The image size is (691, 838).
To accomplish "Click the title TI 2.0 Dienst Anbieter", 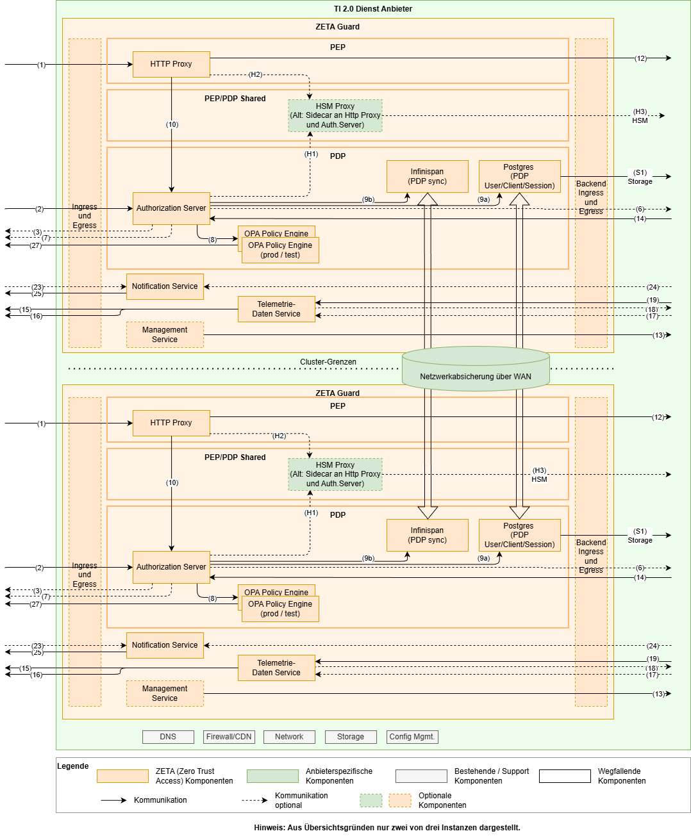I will [372, 9].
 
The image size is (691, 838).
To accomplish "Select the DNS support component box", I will [168, 737].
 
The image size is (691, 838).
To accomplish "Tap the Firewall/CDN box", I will [229, 737].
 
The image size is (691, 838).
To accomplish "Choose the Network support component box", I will [289, 737].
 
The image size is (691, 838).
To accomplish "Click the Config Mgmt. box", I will [412, 737].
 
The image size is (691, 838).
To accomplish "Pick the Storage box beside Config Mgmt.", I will [351, 737].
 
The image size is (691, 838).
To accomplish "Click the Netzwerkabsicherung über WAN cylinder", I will [476, 372].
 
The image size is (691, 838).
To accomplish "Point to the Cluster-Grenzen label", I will [328, 362].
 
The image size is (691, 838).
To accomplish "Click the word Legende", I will [73, 766].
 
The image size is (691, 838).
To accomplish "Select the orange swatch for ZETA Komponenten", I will [122, 776].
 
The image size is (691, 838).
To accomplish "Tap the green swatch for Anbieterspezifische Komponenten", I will [272, 776].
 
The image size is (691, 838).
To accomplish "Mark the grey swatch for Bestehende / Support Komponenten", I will [421, 776].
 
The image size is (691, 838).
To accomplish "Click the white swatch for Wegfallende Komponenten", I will [565, 776].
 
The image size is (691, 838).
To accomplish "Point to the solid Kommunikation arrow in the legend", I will [114, 800].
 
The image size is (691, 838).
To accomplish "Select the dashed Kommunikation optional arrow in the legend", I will [254, 800].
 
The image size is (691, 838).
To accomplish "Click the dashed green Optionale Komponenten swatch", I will [371, 800].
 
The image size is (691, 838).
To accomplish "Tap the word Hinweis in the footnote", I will [269, 828].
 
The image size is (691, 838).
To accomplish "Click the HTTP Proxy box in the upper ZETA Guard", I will [171, 64].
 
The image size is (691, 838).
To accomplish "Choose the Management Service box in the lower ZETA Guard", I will [165, 693].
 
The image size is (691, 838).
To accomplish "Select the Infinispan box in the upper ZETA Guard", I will [428, 176].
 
